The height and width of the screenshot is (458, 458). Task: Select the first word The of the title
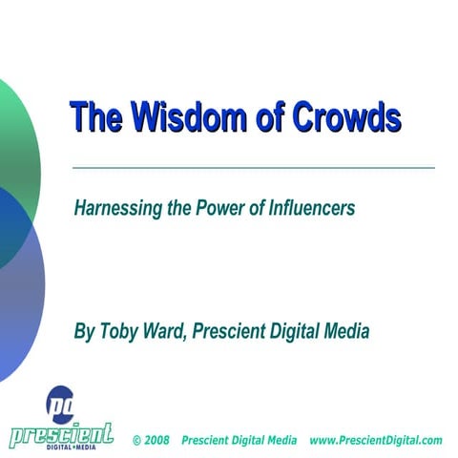(x=94, y=117)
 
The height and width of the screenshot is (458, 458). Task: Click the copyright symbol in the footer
(x=137, y=441)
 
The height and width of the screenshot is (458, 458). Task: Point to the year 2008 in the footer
(x=157, y=441)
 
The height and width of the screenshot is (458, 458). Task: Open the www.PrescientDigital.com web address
(x=376, y=441)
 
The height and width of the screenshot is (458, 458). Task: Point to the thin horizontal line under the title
(x=253, y=168)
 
